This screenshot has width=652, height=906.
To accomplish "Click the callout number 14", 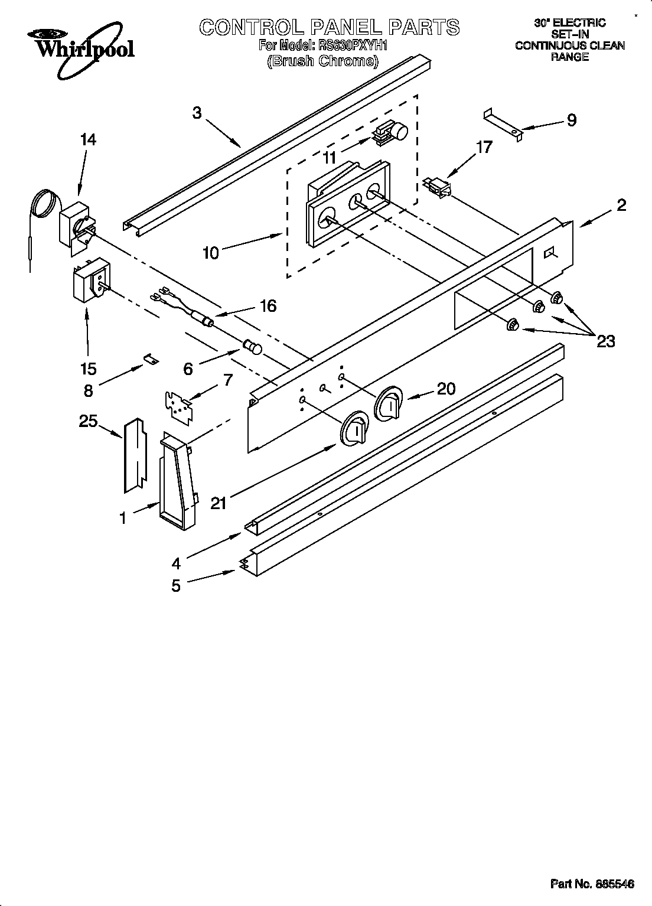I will (88, 139).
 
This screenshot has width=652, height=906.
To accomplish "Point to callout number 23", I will (605, 341).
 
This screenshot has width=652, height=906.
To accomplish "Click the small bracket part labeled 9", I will (503, 125).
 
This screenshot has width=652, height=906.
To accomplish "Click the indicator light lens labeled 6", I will (252, 347).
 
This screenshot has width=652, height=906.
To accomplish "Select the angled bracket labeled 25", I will (134, 455).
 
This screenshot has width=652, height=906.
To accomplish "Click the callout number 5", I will (176, 586).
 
